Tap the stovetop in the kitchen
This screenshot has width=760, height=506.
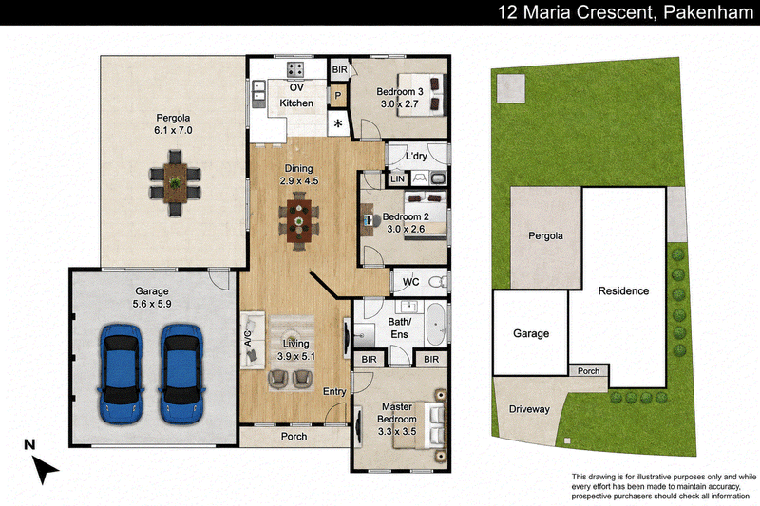click(x=294, y=69)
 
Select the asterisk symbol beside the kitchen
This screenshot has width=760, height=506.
click(x=338, y=124)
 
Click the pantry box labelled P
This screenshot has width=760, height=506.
click(x=338, y=96)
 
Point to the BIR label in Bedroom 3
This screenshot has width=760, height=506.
click(x=340, y=69)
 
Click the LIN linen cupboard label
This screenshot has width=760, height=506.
click(x=397, y=179)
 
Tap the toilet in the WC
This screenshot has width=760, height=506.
click(x=440, y=281)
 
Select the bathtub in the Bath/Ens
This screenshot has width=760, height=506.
click(x=437, y=324)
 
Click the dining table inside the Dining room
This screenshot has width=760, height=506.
click(x=299, y=221)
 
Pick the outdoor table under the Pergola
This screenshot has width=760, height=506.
click(x=175, y=183)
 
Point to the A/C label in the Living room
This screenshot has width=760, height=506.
click(x=248, y=339)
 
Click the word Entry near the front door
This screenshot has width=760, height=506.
click(x=335, y=391)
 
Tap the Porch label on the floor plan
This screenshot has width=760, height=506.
click(x=294, y=437)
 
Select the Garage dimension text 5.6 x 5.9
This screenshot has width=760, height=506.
click(x=152, y=304)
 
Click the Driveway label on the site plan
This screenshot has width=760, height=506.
click(x=529, y=409)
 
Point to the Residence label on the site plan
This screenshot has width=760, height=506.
click(x=623, y=291)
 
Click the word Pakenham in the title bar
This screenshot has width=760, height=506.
click(x=708, y=12)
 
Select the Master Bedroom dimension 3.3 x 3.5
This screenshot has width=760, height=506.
click(x=397, y=431)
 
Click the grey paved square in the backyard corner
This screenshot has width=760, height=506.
click(x=511, y=88)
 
